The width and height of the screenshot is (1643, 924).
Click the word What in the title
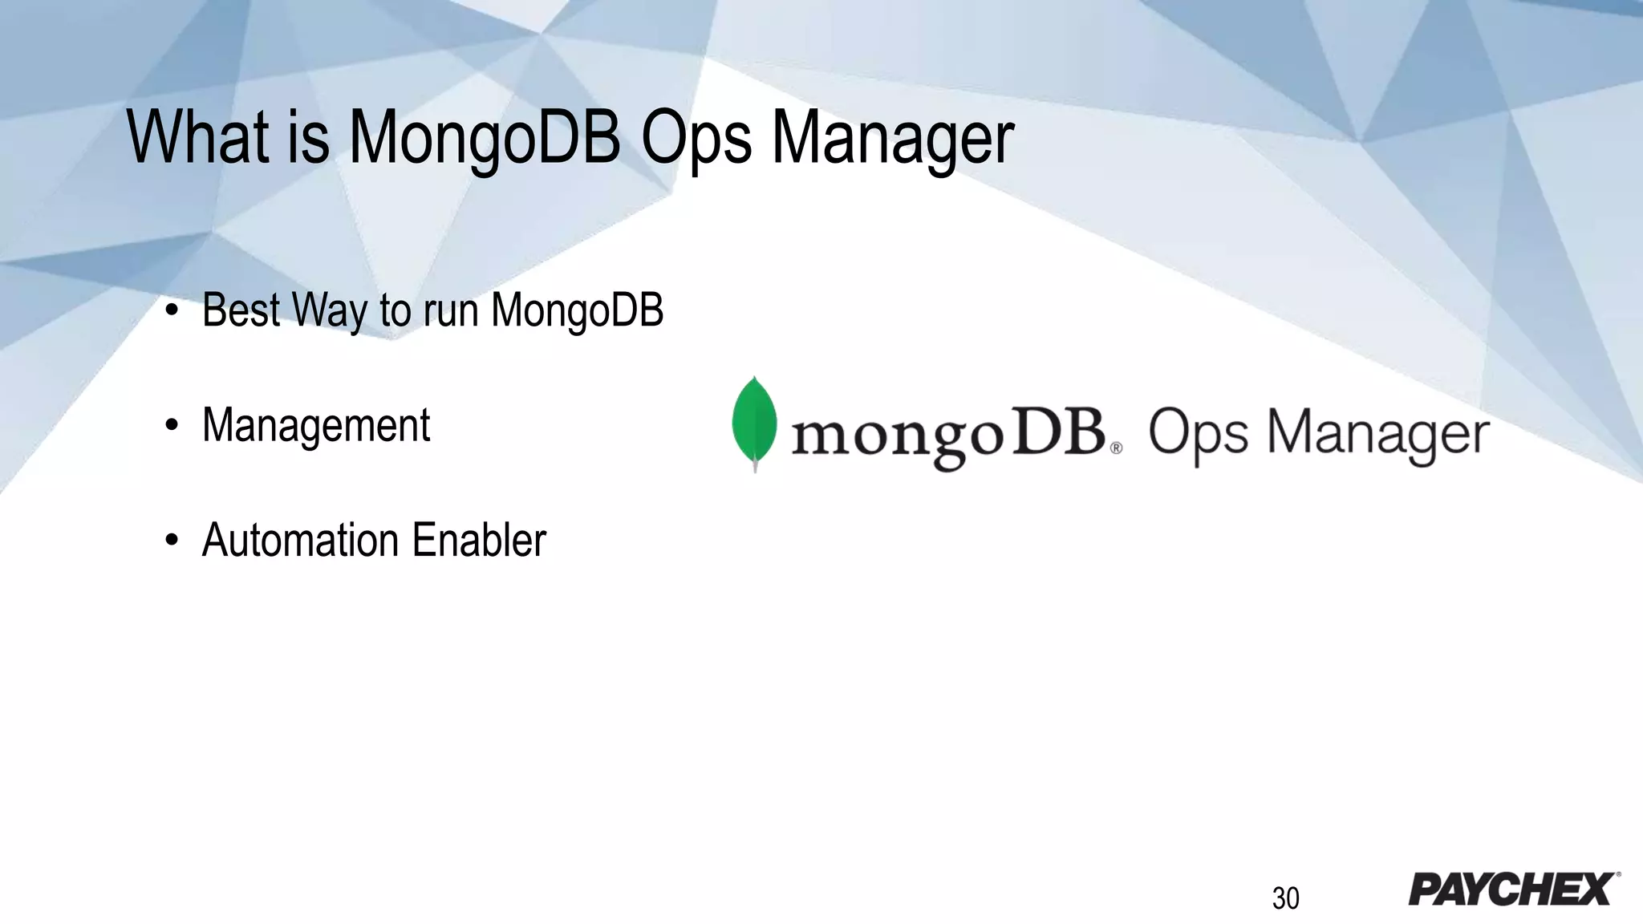pos(197,138)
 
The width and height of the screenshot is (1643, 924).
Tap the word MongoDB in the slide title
pos(485,138)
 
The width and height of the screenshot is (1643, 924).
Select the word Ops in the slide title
pos(696,138)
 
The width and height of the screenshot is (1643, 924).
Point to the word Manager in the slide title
pos(893,138)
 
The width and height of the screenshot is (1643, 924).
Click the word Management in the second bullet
pos(316,425)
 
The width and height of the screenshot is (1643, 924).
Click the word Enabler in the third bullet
pos(479,540)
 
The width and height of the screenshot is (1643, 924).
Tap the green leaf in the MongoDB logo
pos(754,422)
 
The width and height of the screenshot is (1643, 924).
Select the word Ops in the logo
pos(1198,434)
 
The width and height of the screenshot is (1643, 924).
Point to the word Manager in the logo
pos(1377,434)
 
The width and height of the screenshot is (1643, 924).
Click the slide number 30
pos(1285,898)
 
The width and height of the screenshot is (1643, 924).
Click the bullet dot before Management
pos(171,427)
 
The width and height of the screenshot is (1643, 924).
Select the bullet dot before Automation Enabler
pos(171,541)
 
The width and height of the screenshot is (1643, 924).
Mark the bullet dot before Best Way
pos(171,312)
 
